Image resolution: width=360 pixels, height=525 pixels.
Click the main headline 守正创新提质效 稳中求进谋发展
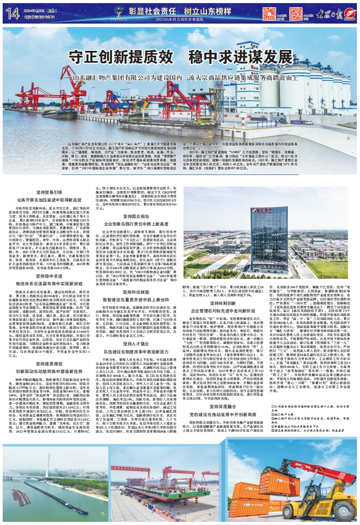click(180, 58)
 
